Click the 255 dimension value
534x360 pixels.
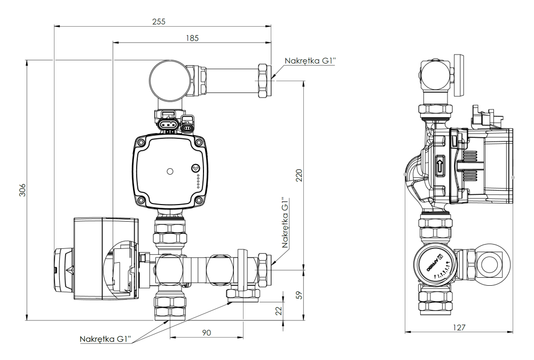159,21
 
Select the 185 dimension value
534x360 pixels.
192,38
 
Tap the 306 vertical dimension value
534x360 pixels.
22,190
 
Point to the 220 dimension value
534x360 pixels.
299,175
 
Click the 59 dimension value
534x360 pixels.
299,295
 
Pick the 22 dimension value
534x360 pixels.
278,310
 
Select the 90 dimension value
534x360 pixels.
207,332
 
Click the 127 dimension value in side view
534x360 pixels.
459,327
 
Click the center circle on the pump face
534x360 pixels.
170,172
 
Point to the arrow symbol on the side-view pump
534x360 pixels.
440,166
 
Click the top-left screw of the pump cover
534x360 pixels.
141,143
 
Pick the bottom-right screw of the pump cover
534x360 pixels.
199,201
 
